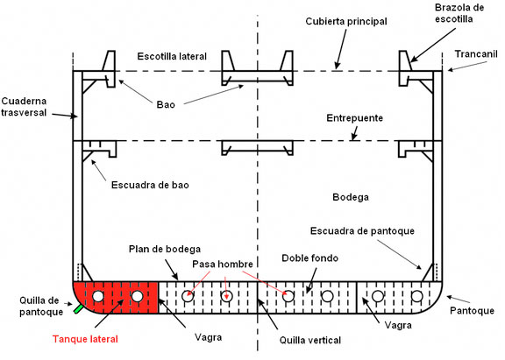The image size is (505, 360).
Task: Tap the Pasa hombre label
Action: (x=223, y=265)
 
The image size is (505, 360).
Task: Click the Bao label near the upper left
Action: (x=167, y=104)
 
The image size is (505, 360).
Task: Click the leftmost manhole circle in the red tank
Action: (x=98, y=297)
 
